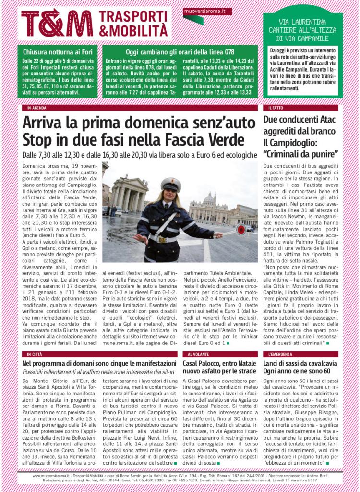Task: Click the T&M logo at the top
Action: click(x=57, y=23)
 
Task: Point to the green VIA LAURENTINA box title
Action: click(x=302, y=30)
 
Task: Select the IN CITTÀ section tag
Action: click(x=35, y=354)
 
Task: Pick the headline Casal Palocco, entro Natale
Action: click(x=220, y=363)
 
